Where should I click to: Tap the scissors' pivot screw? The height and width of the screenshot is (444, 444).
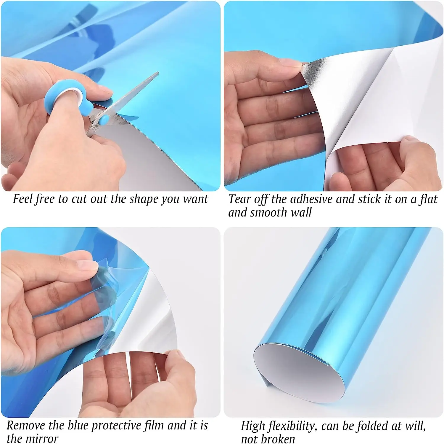(104, 120)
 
